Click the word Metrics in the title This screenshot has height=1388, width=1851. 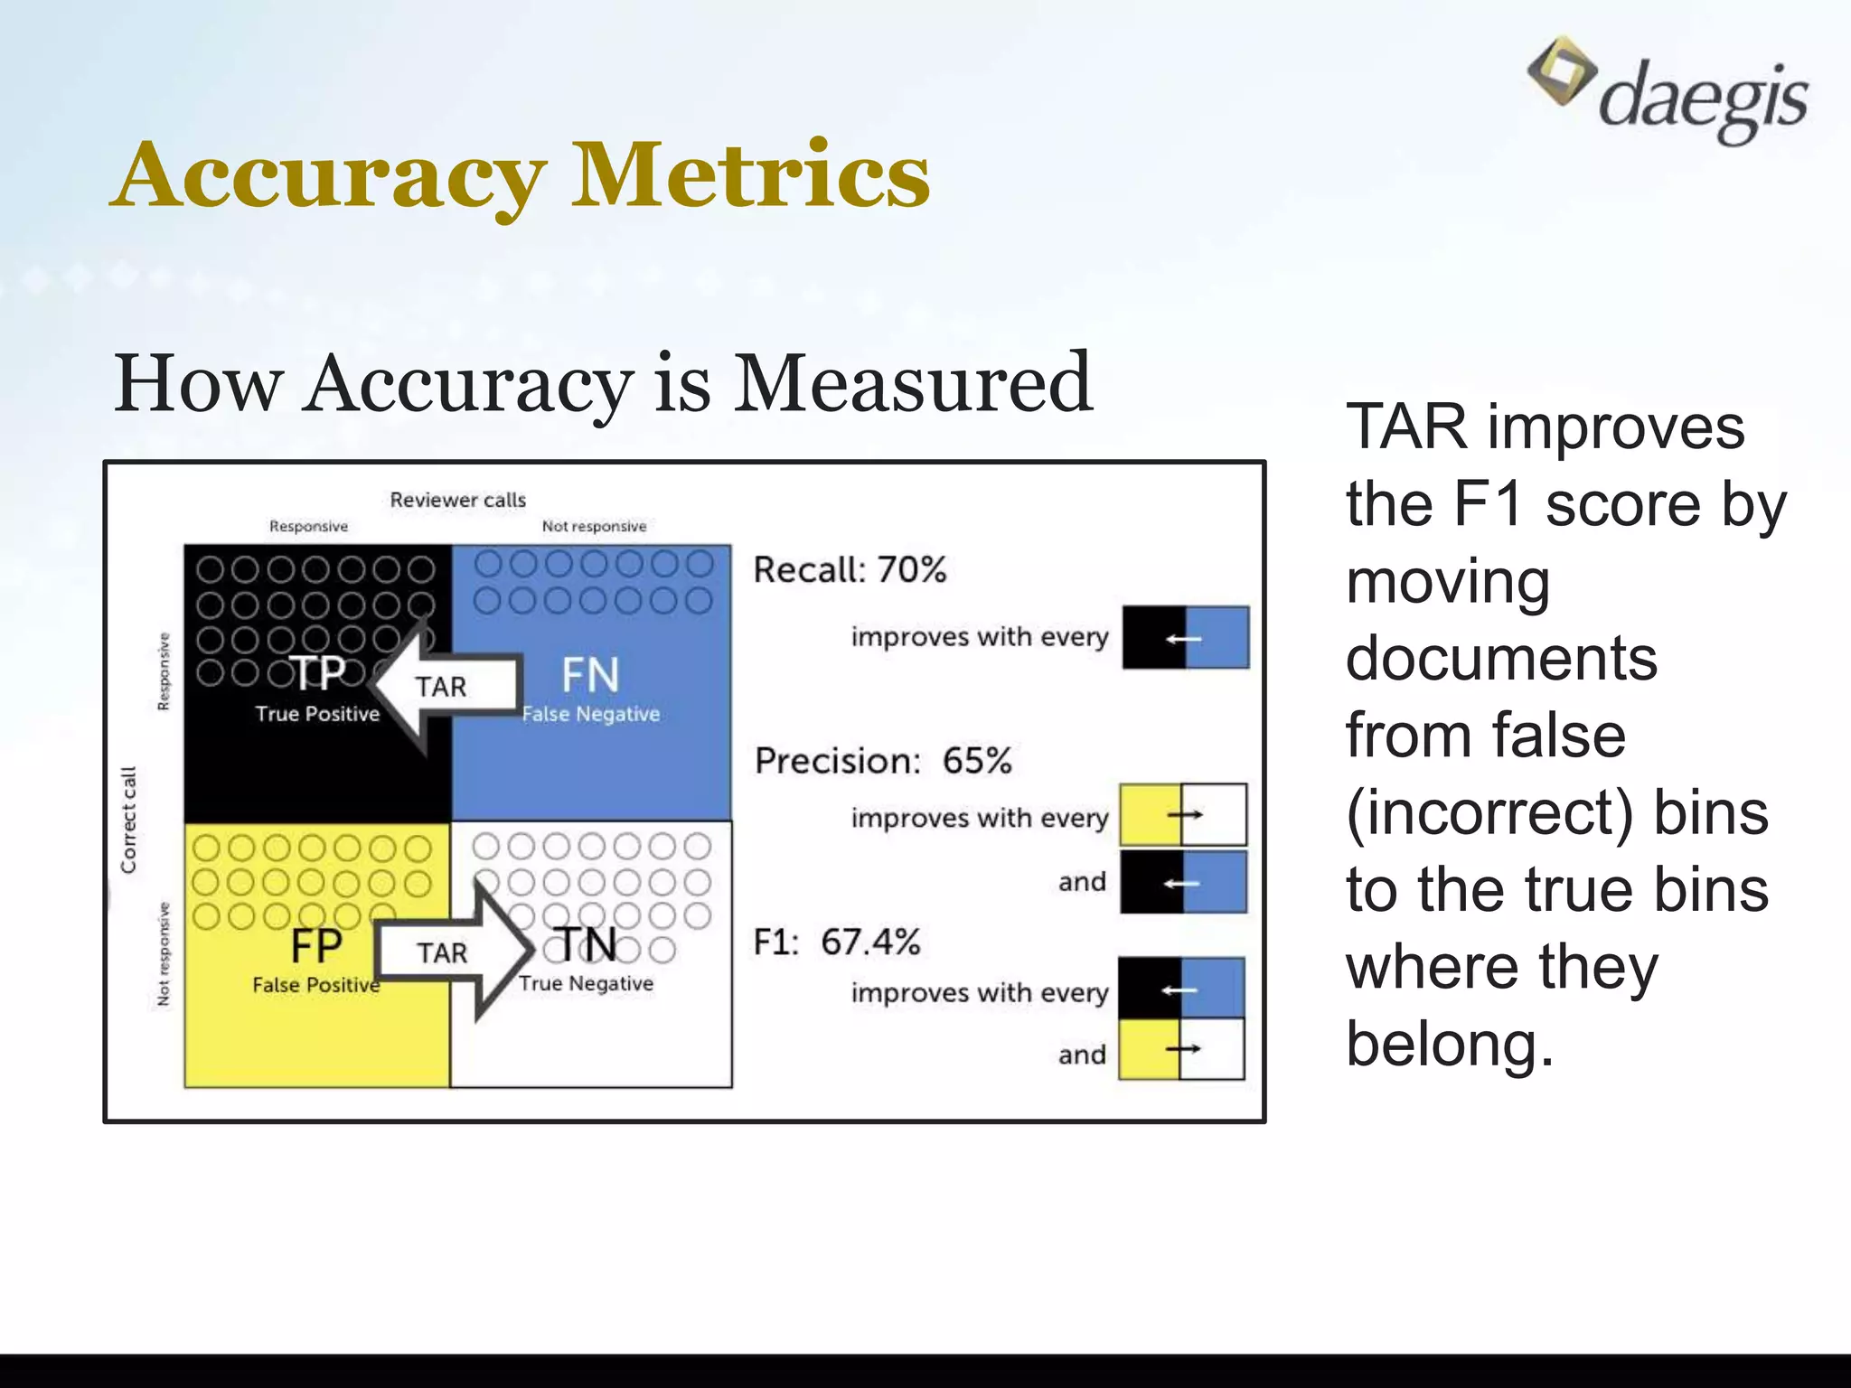[750, 175]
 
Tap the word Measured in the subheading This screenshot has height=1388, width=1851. [913, 383]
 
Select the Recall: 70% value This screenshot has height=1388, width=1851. [850, 570]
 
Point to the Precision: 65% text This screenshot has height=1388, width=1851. [883, 761]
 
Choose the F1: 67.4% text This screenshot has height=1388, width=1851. [837, 943]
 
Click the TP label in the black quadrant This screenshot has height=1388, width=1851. [317, 673]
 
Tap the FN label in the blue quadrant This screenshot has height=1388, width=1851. [590, 675]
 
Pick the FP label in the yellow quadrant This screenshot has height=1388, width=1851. [315, 947]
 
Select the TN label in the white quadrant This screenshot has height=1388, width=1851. [587, 945]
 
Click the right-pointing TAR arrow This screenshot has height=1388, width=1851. [452, 952]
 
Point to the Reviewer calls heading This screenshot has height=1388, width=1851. [457, 500]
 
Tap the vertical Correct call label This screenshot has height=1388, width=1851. [129, 820]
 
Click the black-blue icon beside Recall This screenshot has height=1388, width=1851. [1186, 638]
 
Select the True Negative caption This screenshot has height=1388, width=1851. [586, 983]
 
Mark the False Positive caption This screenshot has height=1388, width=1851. [315, 985]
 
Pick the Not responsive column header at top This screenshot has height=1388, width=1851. [594, 527]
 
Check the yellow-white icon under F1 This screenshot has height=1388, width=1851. [1181, 1049]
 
